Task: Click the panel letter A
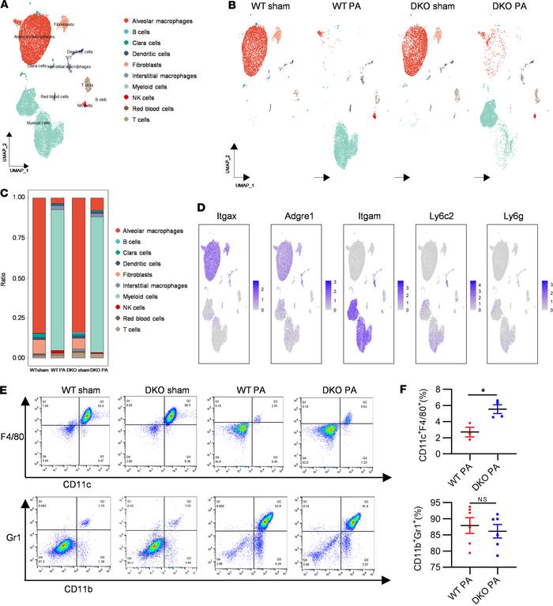[6, 7]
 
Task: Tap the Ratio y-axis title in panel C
[9, 277]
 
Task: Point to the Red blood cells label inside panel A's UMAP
[55, 97]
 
